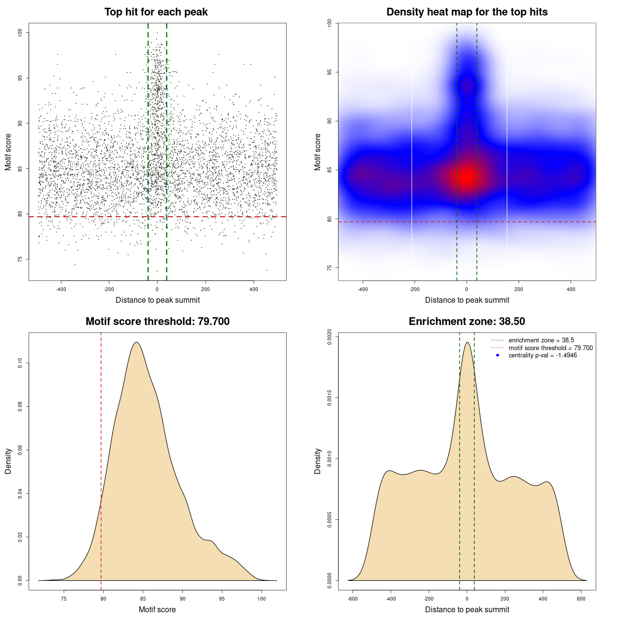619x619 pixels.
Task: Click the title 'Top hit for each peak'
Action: coord(156,12)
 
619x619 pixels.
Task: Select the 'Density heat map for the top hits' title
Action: coord(467,12)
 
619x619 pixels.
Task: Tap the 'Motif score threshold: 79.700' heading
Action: coord(157,322)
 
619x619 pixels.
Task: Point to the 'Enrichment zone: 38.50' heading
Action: coord(467,322)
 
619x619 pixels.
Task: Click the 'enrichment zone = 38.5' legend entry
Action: coord(541,340)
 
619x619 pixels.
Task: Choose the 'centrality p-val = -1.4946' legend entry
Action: coord(542,355)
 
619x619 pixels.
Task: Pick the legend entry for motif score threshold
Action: coord(550,348)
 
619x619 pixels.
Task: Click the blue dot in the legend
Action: coord(498,355)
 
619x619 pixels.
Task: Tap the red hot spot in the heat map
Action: coord(467,177)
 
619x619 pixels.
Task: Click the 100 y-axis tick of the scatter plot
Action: coord(20,32)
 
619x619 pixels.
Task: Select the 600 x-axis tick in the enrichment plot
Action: coord(581,599)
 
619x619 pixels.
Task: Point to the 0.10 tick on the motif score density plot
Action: coord(20,363)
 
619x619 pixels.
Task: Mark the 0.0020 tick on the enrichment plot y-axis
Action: coord(330,337)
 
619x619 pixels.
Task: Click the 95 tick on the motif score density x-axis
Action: coord(222,599)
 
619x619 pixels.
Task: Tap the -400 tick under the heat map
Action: coord(363,289)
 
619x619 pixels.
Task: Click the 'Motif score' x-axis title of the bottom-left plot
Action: coord(157,609)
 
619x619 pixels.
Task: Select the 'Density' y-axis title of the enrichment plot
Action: coord(318,461)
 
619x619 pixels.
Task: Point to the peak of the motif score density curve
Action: coord(137,342)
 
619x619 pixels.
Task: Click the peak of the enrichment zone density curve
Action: coord(467,342)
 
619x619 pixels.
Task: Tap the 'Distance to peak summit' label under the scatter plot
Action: coord(158,300)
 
